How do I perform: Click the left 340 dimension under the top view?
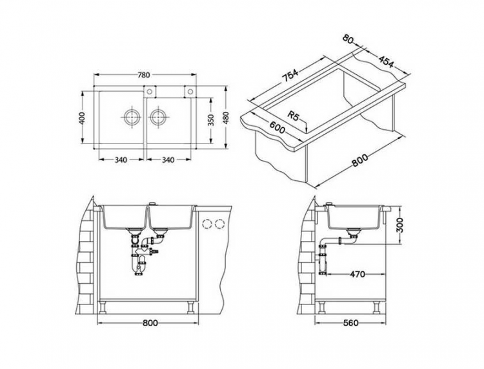121,160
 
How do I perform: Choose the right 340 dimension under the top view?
168,160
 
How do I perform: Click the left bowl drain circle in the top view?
131,118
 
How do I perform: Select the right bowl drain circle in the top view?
159,118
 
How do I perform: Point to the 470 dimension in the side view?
357,274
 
